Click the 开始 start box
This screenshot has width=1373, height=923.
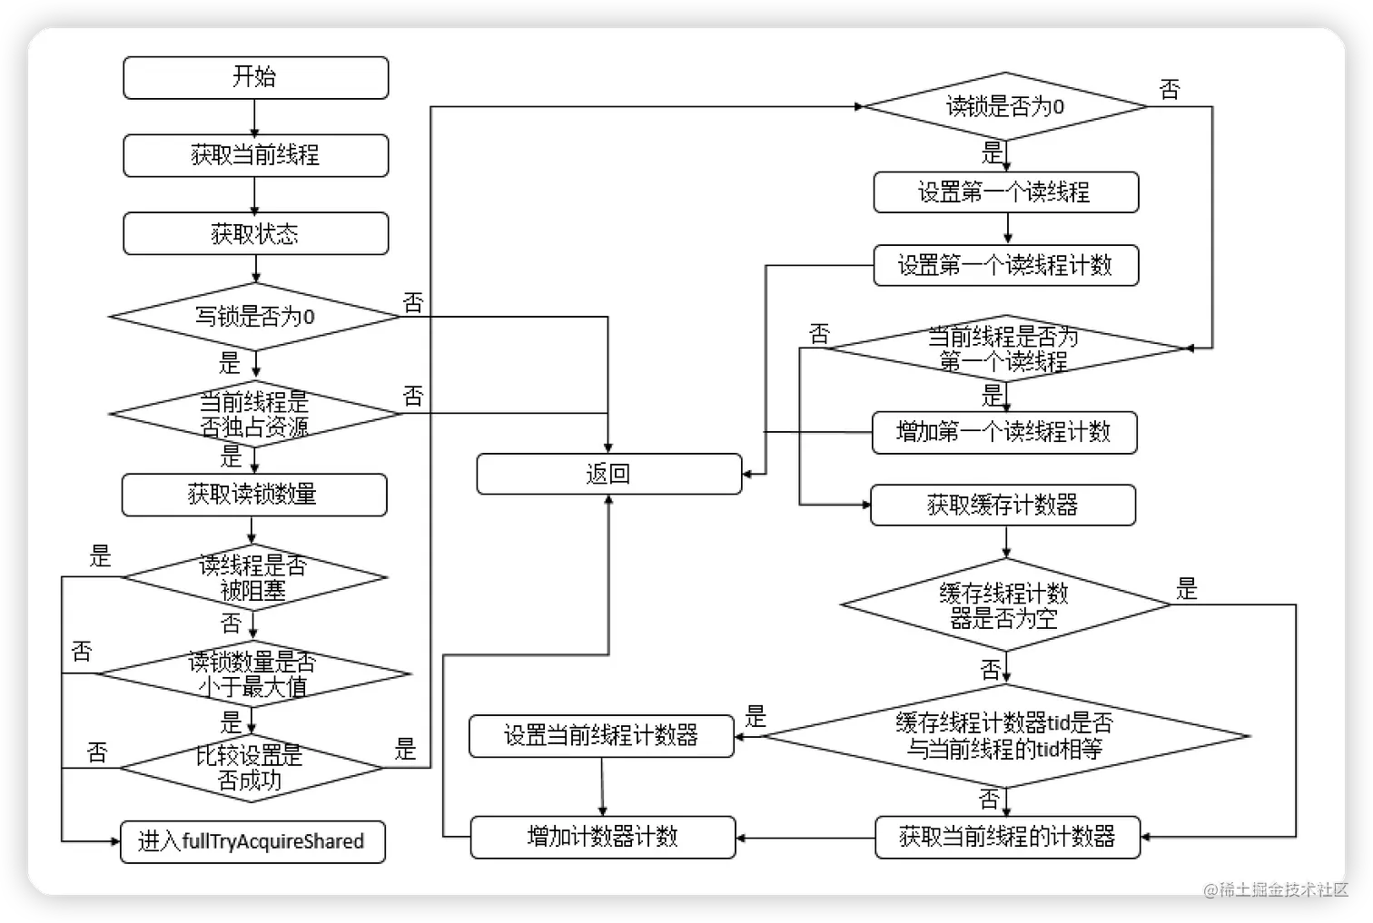(x=255, y=77)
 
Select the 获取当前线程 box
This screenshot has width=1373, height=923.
(x=255, y=155)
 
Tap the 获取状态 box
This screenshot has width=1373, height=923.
(x=255, y=234)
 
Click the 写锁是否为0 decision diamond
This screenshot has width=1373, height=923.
(x=255, y=316)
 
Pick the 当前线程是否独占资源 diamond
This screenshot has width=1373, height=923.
(x=254, y=414)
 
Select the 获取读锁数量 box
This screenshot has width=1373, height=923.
(x=254, y=495)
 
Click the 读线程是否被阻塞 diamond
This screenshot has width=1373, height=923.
(x=254, y=577)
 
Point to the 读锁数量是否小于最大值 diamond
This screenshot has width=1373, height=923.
(x=253, y=674)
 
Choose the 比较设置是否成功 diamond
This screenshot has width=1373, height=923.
(x=252, y=768)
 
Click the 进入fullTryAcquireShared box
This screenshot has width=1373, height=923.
(x=252, y=841)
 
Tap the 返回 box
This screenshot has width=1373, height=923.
(x=608, y=474)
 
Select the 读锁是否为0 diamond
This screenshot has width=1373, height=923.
(x=1004, y=107)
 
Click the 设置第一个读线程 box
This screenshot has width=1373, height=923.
(x=1005, y=192)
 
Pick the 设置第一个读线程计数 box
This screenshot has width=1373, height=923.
(x=1005, y=265)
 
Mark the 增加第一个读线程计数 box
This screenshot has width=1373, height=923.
(x=1003, y=432)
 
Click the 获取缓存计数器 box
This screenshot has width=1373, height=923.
(x=1003, y=505)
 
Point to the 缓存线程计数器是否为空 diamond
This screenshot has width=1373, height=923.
(x=1005, y=605)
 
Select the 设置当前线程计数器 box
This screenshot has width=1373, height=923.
(x=601, y=735)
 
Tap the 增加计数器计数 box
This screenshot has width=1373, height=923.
(x=602, y=837)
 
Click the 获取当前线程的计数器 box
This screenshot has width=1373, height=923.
(x=1007, y=837)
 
